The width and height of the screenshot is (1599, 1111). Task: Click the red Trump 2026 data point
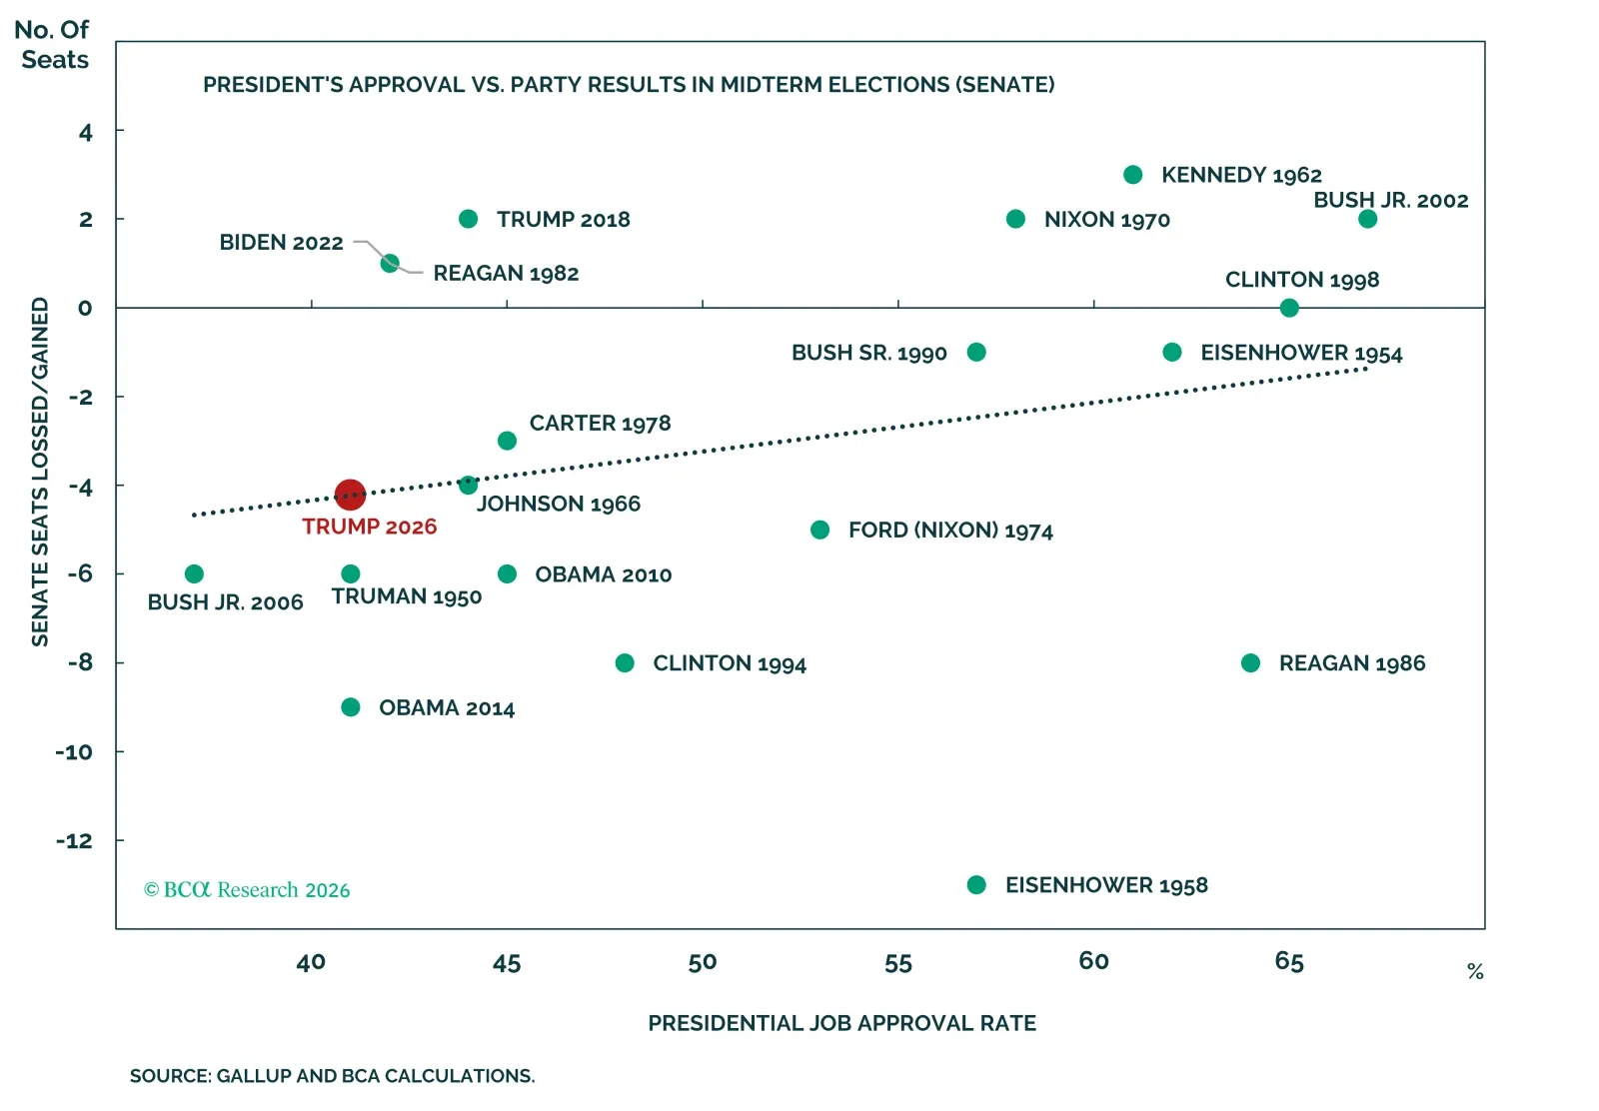pyautogui.click(x=350, y=495)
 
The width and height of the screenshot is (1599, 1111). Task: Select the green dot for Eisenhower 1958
pyautogui.click(x=976, y=885)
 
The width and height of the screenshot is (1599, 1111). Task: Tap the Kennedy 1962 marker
pyautogui.click(x=1133, y=174)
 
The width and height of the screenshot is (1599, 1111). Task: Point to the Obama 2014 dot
pyautogui.click(x=351, y=707)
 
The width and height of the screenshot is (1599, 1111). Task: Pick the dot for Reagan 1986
pyautogui.click(x=1250, y=662)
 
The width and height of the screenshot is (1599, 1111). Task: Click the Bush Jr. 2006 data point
pyautogui.click(x=194, y=573)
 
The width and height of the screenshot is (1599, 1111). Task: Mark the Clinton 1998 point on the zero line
pyautogui.click(x=1289, y=308)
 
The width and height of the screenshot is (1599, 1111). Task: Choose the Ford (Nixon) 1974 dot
pyautogui.click(x=820, y=530)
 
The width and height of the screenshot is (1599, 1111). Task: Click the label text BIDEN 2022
pyautogui.click(x=281, y=243)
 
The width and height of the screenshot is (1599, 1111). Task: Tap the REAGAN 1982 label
pyautogui.click(x=506, y=274)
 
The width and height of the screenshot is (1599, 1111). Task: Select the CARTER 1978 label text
pyautogui.click(x=600, y=424)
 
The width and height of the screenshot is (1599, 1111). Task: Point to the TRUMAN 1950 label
pyautogui.click(x=406, y=596)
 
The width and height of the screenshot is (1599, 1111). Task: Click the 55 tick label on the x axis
pyautogui.click(x=898, y=963)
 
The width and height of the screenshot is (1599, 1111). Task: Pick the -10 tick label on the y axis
pyautogui.click(x=74, y=752)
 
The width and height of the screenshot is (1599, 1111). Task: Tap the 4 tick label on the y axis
pyautogui.click(x=86, y=132)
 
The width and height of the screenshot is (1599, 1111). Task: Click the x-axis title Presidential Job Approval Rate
pyautogui.click(x=841, y=1023)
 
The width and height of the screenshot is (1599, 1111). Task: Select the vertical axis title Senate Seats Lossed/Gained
pyautogui.click(x=40, y=472)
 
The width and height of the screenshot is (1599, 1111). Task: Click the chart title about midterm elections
pyautogui.click(x=629, y=85)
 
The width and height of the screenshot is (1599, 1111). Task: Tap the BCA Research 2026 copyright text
pyautogui.click(x=247, y=890)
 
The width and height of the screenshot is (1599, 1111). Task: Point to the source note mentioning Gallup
pyautogui.click(x=332, y=1076)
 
